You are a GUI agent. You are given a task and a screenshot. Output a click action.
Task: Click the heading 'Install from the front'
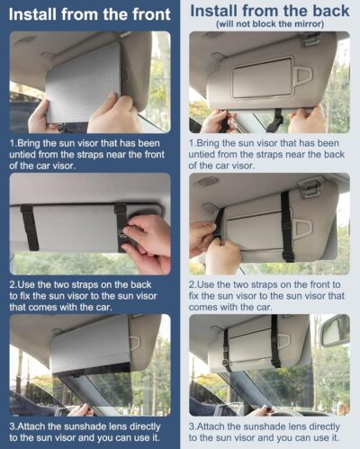90,14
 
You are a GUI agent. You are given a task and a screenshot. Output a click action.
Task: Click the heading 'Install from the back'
270,11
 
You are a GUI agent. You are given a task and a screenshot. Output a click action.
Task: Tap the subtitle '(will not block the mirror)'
270,24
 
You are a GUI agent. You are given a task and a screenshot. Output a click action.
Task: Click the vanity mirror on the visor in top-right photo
262,78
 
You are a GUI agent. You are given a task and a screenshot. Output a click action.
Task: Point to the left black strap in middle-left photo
28,227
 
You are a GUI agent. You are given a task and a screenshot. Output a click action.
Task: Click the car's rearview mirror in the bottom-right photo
335,330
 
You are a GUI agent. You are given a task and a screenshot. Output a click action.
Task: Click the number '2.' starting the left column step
14,284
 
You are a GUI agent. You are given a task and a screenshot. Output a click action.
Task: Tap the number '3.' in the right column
193,426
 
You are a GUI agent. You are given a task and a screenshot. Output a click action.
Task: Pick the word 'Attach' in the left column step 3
37,426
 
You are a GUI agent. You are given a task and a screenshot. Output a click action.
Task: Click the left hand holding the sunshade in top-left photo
41,117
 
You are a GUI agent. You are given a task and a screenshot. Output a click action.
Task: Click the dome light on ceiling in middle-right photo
208,181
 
